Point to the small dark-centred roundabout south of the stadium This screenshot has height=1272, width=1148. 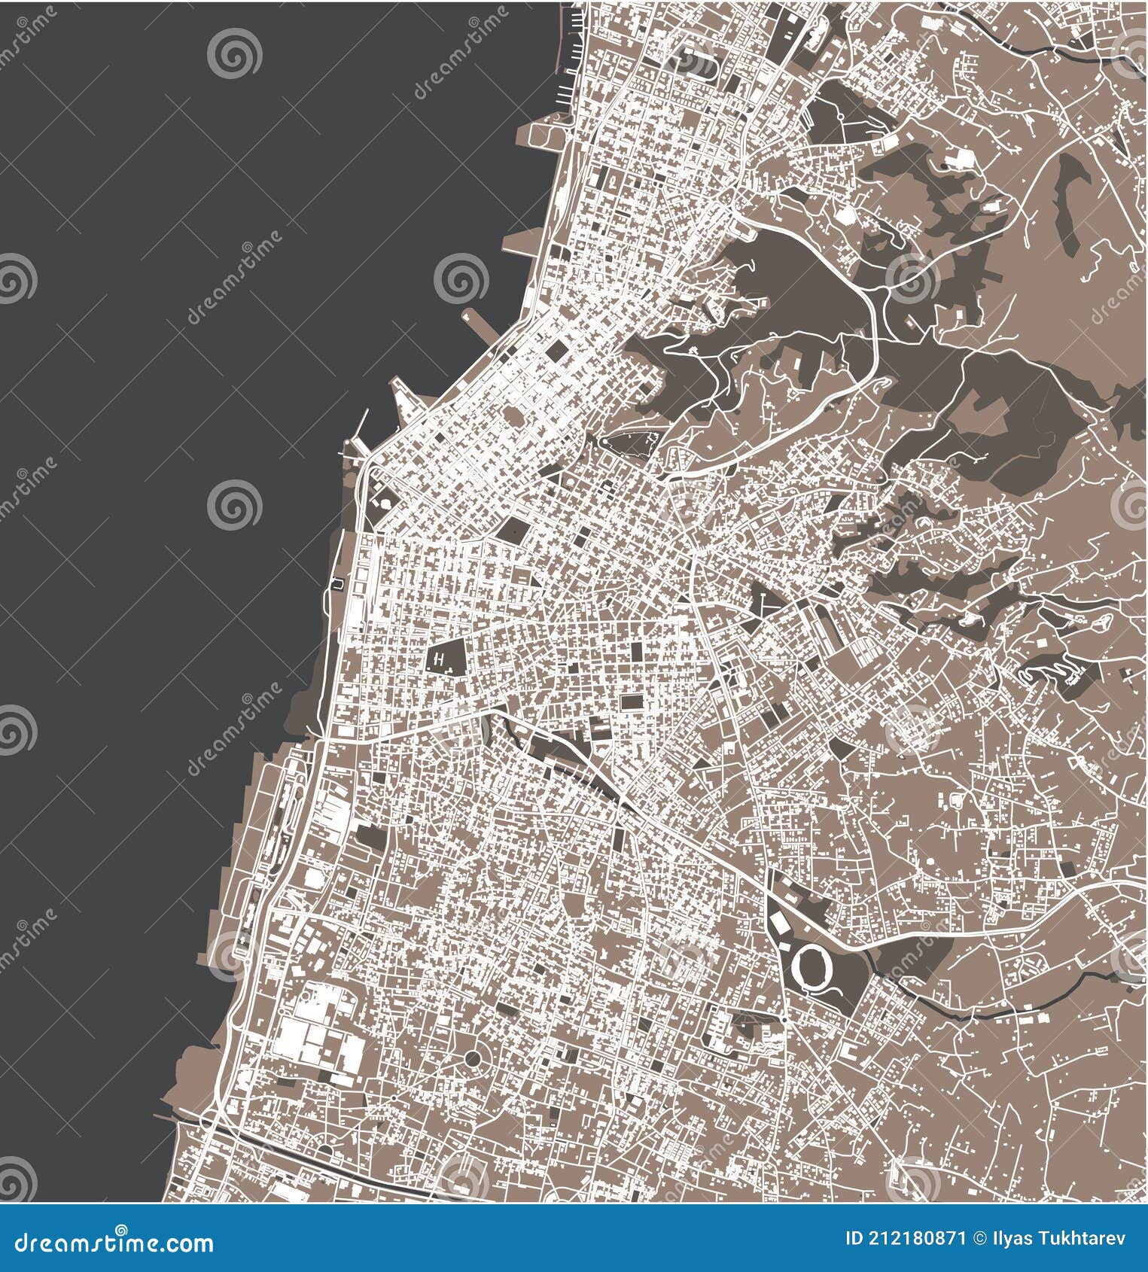point(783,1021)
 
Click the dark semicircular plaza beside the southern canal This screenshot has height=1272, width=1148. point(325,1152)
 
